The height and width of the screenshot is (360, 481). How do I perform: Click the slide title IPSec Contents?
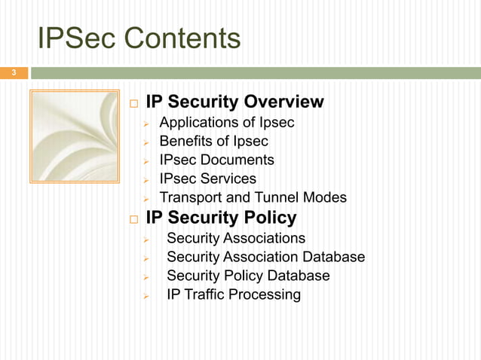[139, 38]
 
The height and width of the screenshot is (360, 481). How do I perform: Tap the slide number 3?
[12, 73]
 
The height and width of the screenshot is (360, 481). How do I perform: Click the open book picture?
[74, 136]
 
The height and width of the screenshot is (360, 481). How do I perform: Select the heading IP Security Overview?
[234, 102]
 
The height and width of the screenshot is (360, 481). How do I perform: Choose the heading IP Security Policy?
[221, 218]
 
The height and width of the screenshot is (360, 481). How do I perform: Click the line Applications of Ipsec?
[227, 122]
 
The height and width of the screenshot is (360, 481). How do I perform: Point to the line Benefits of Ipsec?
[214, 141]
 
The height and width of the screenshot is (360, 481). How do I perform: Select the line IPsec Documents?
[217, 160]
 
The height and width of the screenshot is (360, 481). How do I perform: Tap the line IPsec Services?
[208, 178]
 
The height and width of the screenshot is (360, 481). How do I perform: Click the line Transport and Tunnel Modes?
[253, 197]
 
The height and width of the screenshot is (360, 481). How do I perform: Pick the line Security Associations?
[236, 238]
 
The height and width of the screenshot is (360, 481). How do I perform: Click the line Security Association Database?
[265, 257]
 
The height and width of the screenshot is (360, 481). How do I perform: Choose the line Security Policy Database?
[248, 276]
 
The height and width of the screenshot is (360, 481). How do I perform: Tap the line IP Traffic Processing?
[234, 294]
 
